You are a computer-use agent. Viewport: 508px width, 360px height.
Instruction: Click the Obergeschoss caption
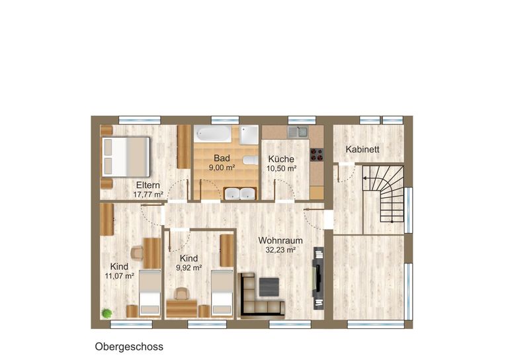129,347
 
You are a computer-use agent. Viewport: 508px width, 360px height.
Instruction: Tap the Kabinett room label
362,150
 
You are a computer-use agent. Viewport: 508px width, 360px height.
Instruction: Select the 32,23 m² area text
280,250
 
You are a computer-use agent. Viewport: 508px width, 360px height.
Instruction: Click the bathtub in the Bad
212,134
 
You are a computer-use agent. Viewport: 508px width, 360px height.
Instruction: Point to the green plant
106,313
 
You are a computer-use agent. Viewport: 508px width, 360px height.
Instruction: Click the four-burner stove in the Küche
317,155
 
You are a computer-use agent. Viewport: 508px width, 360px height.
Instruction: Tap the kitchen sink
298,132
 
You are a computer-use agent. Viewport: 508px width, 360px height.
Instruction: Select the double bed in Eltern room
126,157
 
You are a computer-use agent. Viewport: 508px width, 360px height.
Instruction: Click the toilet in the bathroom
250,160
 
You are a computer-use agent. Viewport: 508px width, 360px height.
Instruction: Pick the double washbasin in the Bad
240,193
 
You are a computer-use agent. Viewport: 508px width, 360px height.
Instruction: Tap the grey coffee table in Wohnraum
269,287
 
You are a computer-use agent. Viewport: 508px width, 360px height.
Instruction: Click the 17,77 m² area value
148,195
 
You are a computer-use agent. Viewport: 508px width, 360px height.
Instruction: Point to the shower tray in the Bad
249,135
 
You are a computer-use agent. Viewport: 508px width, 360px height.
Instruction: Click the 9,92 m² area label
189,267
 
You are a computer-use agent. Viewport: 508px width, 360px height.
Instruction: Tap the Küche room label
281,159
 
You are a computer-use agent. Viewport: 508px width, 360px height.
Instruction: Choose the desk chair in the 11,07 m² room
138,253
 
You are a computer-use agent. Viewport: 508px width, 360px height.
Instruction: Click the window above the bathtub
225,120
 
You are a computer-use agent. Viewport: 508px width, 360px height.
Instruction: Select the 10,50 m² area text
282,169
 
